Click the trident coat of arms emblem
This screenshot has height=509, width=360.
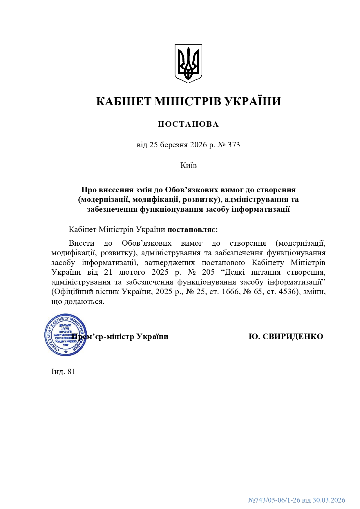[x=188, y=64]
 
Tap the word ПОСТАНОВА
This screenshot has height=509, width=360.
[x=188, y=124]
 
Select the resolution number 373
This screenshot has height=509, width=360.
[x=234, y=144]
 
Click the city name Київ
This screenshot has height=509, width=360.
[x=189, y=165]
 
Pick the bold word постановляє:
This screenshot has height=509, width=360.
[x=193, y=230]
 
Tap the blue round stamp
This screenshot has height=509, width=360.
[x=65, y=334]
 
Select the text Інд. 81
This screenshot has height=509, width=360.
[x=63, y=372]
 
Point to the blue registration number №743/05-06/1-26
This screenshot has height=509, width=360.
[x=274, y=500]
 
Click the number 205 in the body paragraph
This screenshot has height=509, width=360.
[x=208, y=272]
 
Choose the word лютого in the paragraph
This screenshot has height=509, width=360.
[x=132, y=272]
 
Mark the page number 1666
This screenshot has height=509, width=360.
[x=230, y=291]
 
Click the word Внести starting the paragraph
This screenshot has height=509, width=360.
[x=82, y=243]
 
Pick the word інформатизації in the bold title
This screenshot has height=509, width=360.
[x=260, y=209]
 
